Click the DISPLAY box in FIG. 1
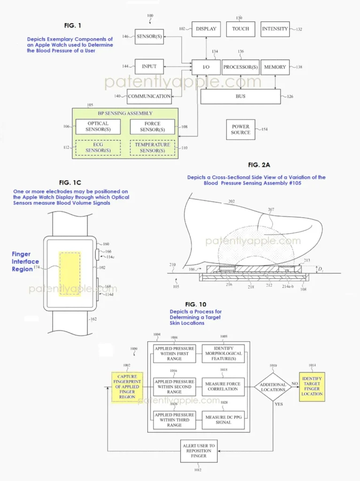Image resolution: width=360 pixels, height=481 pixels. pyautogui.click(x=206, y=29)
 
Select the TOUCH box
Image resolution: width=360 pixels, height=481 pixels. pyautogui.click(x=240, y=29)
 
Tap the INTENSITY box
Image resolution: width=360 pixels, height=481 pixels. pyautogui.click(x=275, y=29)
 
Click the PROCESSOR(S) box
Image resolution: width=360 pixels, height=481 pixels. pyautogui.click(x=240, y=67)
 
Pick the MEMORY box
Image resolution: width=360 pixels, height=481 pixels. pyautogui.click(x=275, y=67)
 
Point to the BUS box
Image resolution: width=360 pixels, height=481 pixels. pyautogui.click(x=240, y=96)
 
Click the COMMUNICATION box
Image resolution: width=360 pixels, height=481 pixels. pyautogui.click(x=149, y=96)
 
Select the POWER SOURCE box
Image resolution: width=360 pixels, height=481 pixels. pyautogui.click(x=240, y=130)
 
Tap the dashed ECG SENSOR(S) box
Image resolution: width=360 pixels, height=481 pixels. pyautogui.click(x=98, y=147)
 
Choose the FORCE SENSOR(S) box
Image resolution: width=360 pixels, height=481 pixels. pyautogui.click(x=152, y=127)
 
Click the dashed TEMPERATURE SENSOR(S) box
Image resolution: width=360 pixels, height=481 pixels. pyautogui.click(x=152, y=147)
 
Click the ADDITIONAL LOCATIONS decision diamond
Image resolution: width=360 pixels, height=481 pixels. pyautogui.click(x=273, y=387)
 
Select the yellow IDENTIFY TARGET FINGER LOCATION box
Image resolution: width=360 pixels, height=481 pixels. pyautogui.click(x=312, y=387)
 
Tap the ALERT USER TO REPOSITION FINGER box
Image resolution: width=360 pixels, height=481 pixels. pyautogui.click(x=199, y=451)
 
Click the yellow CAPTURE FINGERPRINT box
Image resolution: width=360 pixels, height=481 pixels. pyautogui.click(x=127, y=387)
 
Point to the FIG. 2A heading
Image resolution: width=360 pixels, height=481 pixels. pyautogui.click(x=260, y=165)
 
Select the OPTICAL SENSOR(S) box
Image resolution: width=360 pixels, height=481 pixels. pyautogui.click(x=98, y=127)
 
